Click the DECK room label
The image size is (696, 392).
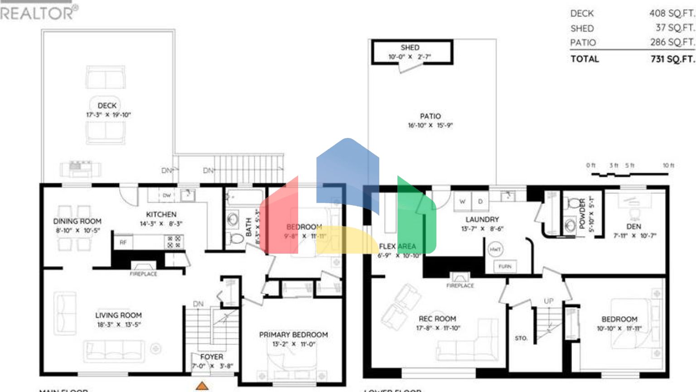click(x=107, y=105)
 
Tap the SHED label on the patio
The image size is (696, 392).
click(x=410, y=47)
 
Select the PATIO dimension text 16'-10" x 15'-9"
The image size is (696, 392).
click(x=430, y=125)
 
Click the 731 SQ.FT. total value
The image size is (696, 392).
click(x=672, y=59)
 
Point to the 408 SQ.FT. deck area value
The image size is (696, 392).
click(x=672, y=14)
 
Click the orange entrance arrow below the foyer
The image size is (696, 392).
click(x=202, y=386)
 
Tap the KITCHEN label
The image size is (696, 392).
click(x=161, y=214)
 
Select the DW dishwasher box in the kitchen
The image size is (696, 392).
click(x=167, y=196)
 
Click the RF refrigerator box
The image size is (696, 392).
click(x=123, y=242)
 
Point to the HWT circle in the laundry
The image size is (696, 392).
click(x=495, y=249)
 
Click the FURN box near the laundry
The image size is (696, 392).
click(x=505, y=266)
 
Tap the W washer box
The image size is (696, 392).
click(x=462, y=201)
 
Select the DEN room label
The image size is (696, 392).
click(x=633, y=226)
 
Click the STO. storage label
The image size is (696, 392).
click(x=521, y=338)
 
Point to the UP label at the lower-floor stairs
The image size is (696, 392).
click(x=548, y=301)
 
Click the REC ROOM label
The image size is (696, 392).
click(x=437, y=318)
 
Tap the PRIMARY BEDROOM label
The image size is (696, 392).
click(x=293, y=334)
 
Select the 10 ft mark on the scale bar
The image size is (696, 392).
click(x=668, y=166)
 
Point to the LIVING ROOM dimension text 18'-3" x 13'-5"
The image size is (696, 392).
click(x=119, y=325)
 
